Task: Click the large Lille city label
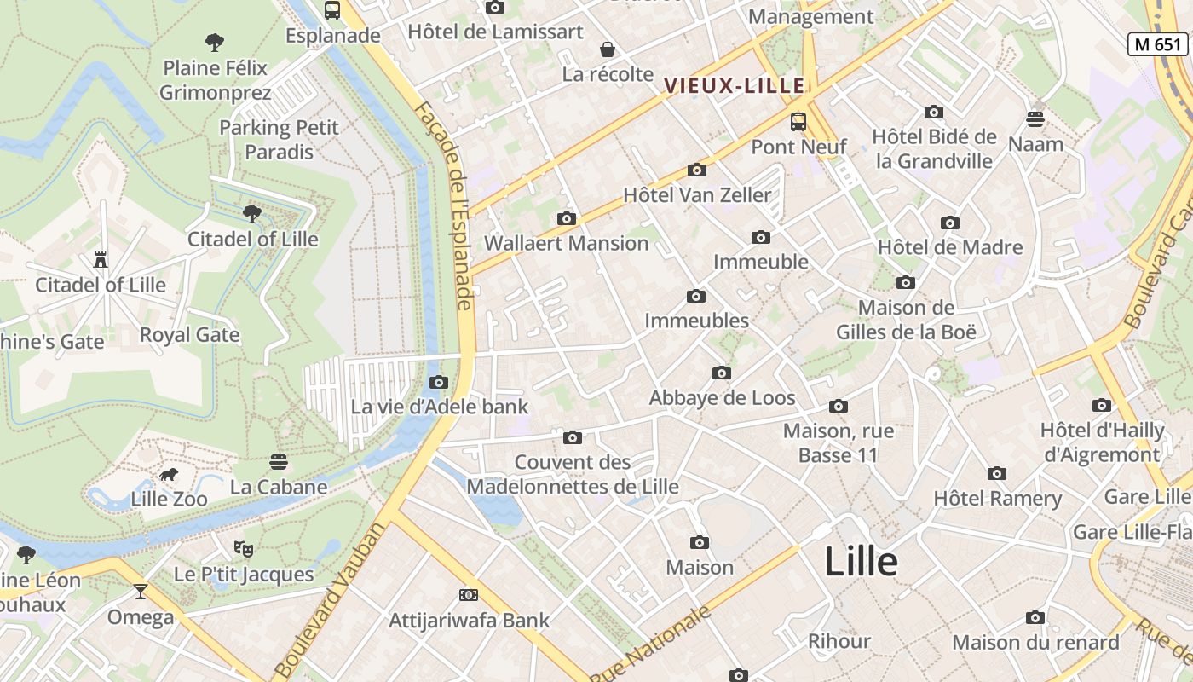click(x=861, y=562)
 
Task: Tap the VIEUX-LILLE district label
click(x=735, y=85)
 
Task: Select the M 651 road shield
click(x=1157, y=44)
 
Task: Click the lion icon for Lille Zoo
click(x=169, y=475)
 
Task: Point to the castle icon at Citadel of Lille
click(x=101, y=260)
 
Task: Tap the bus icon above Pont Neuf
click(x=798, y=122)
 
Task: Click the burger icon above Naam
click(x=1035, y=119)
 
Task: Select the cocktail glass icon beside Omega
click(x=141, y=591)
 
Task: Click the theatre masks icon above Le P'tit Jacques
click(x=244, y=548)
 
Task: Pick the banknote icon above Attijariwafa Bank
click(x=469, y=595)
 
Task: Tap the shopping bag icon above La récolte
click(x=608, y=49)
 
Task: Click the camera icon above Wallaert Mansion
click(x=566, y=219)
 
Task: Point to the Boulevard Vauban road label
click(x=331, y=599)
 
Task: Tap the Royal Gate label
click(x=189, y=335)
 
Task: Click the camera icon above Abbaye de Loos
click(x=722, y=373)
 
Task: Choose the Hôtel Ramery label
click(x=997, y=498)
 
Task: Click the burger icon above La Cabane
click(x=279, y=462)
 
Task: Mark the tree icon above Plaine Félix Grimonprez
click(x=215, y=42)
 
